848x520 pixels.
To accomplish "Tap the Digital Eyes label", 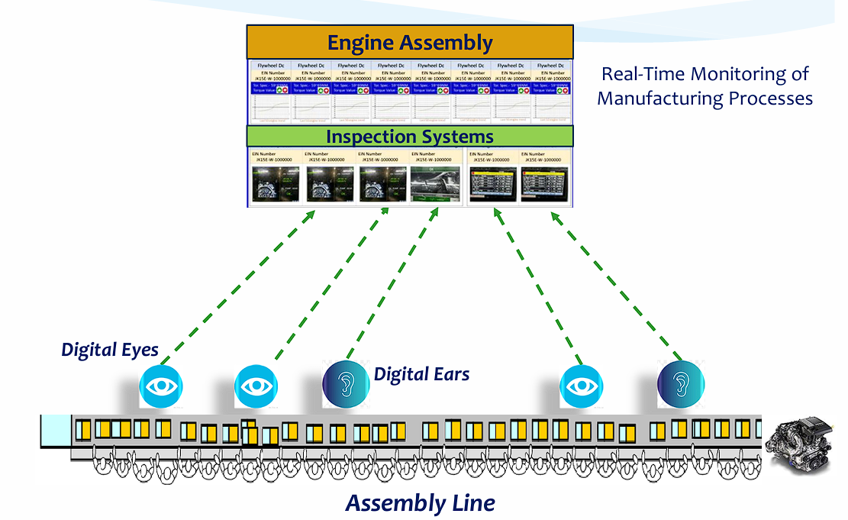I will [110, 350].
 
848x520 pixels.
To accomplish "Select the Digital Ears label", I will [421, 374].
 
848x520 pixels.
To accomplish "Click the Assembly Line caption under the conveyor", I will [420, 503].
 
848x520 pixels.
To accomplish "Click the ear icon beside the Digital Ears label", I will [347, 384].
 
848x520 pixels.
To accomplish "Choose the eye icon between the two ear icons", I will [582, 385].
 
